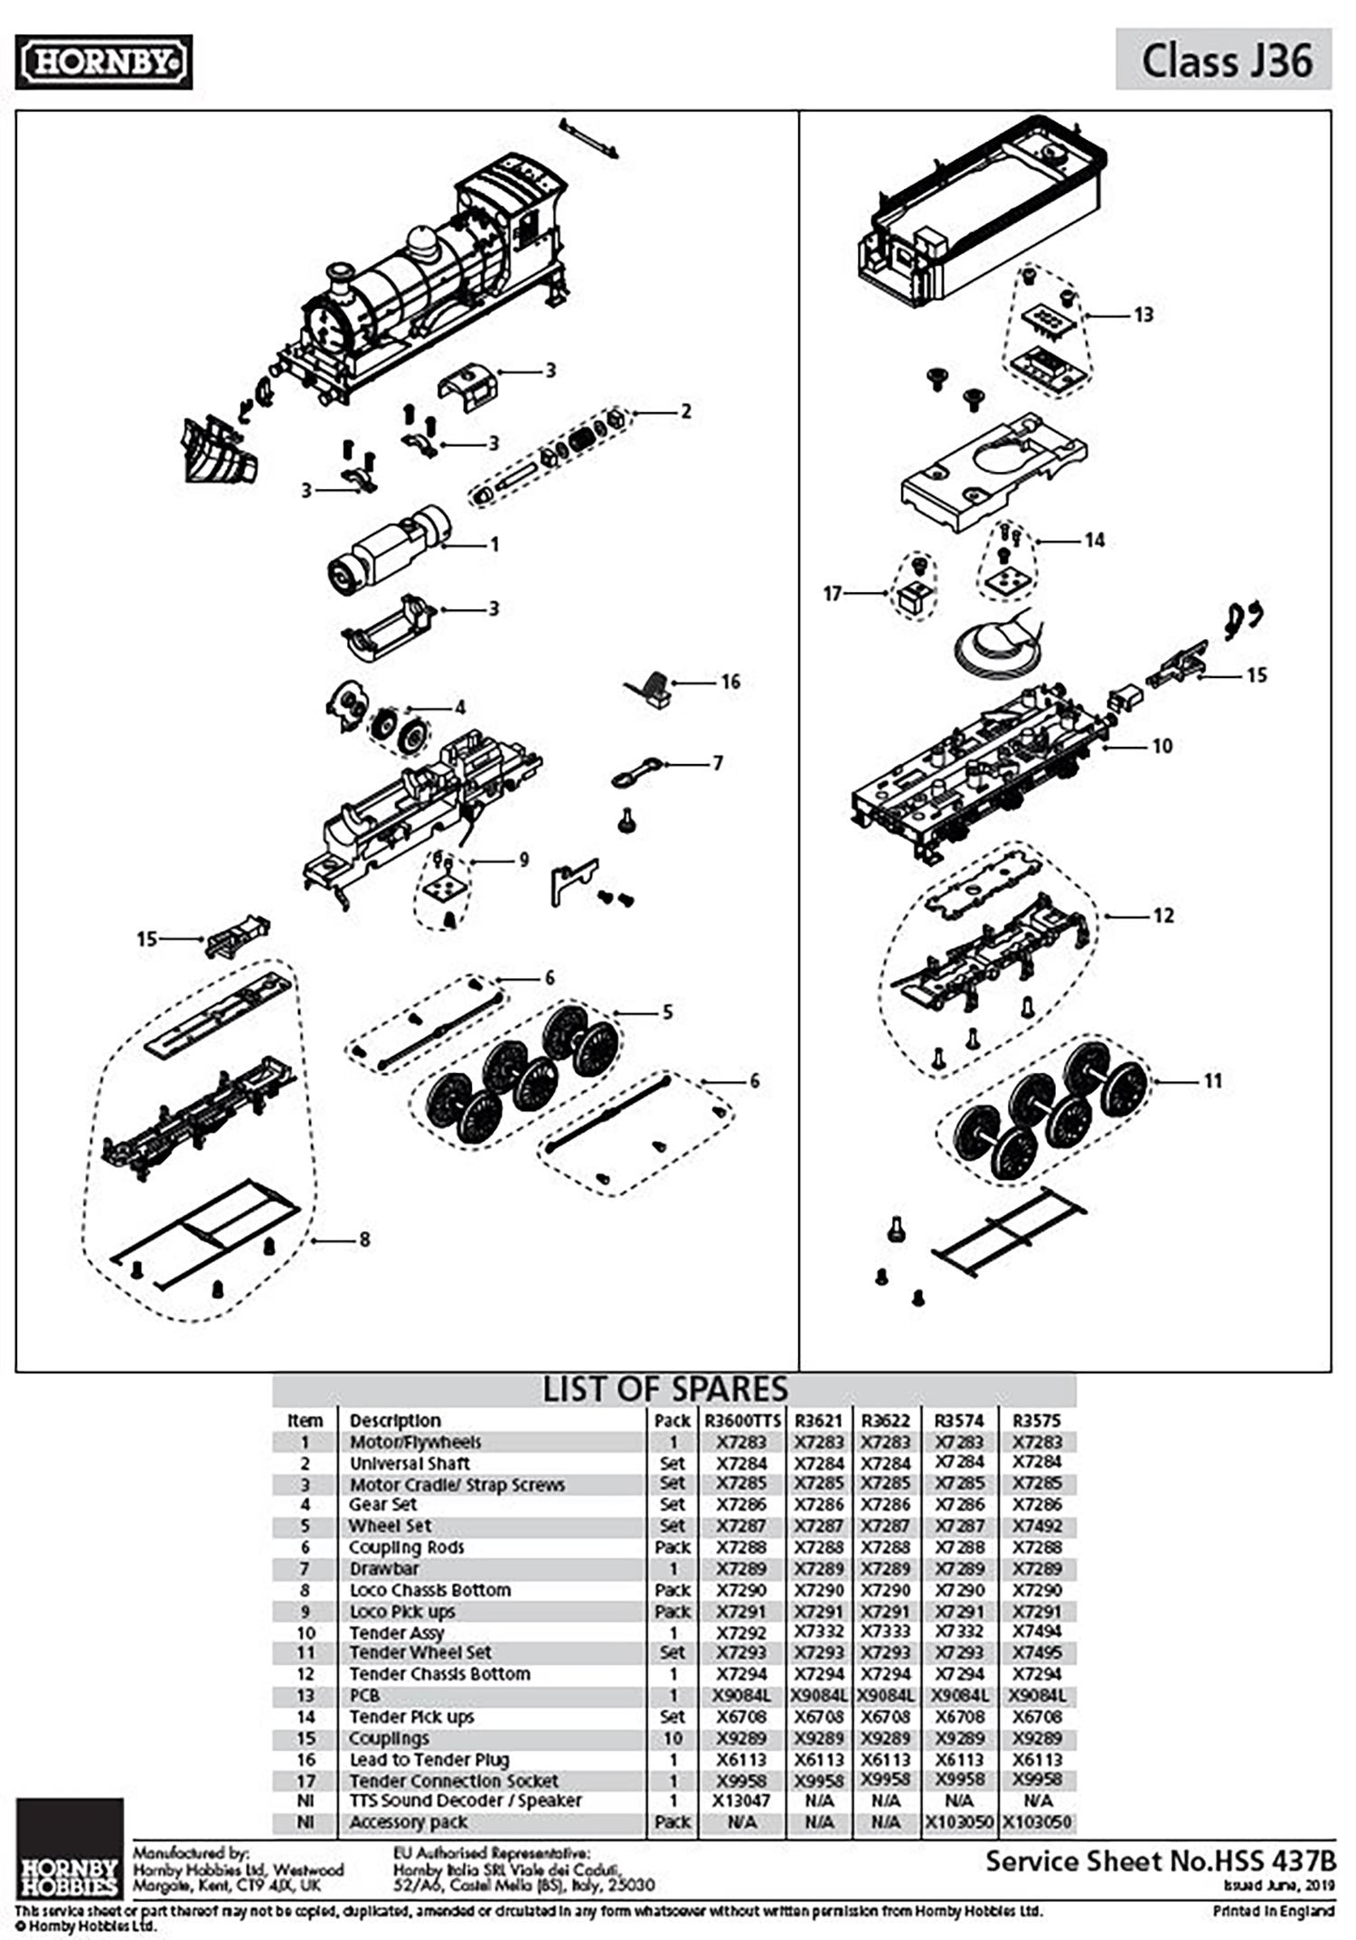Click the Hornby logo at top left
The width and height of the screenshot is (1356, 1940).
[103, 61]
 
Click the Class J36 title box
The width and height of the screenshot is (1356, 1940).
[1223, 60]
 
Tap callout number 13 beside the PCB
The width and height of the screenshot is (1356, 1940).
[1144, 315]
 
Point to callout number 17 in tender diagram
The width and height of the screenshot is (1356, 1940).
[832, 594]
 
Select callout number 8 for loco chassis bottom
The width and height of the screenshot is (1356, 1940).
[364, 1239]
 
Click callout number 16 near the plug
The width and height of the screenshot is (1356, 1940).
[730, 682]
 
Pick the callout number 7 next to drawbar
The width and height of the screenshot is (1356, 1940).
[718, 763]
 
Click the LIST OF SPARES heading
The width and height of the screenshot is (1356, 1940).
[665, 1389]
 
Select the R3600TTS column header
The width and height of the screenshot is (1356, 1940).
[741, 1420]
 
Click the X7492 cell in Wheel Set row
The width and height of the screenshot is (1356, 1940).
[1037, 1526]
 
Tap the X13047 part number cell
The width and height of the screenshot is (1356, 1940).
[741, 1801]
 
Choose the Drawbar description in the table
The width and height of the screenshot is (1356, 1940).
[384, 1568]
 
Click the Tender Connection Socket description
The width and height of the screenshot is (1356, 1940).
[454, 1780]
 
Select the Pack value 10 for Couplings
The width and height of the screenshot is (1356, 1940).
[672, 1738]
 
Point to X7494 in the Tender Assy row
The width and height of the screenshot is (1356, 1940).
[1037, 1632]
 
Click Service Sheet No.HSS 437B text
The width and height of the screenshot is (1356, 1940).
[1159, 1861]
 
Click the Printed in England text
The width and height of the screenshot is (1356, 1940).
[1273, 1911]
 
